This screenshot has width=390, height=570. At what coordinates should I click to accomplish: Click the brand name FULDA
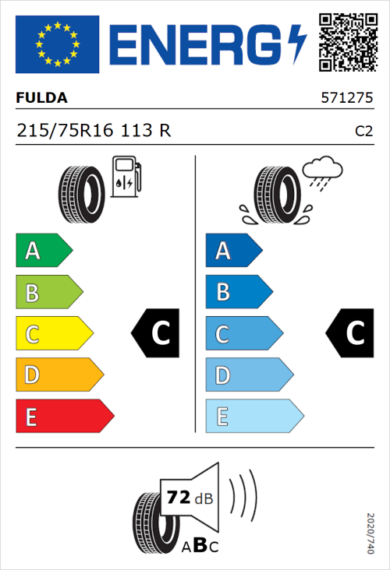[x=41, y=98]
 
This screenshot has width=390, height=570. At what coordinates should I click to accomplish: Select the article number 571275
[x=347, y=99]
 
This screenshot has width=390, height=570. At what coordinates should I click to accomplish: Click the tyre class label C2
[x=363, y=132]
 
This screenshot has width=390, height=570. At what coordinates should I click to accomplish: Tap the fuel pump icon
[x=126, y=177]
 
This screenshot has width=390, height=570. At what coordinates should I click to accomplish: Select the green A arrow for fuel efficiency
[x=43, y=251]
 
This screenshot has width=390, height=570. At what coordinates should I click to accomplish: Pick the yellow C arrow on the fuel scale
[x=53, y=333]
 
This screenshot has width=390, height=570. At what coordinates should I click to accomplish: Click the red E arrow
[x=64, y=417]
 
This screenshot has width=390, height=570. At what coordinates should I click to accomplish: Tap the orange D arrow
[x=58, y=375]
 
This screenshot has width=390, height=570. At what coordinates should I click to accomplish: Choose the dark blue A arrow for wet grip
[x=232, y=251]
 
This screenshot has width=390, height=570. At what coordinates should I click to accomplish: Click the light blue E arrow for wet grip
[x=253, y=417]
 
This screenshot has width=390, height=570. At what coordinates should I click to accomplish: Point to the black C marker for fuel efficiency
[x=157, y=333]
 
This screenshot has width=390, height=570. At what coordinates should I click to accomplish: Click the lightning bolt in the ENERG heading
[x=295, y=44]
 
